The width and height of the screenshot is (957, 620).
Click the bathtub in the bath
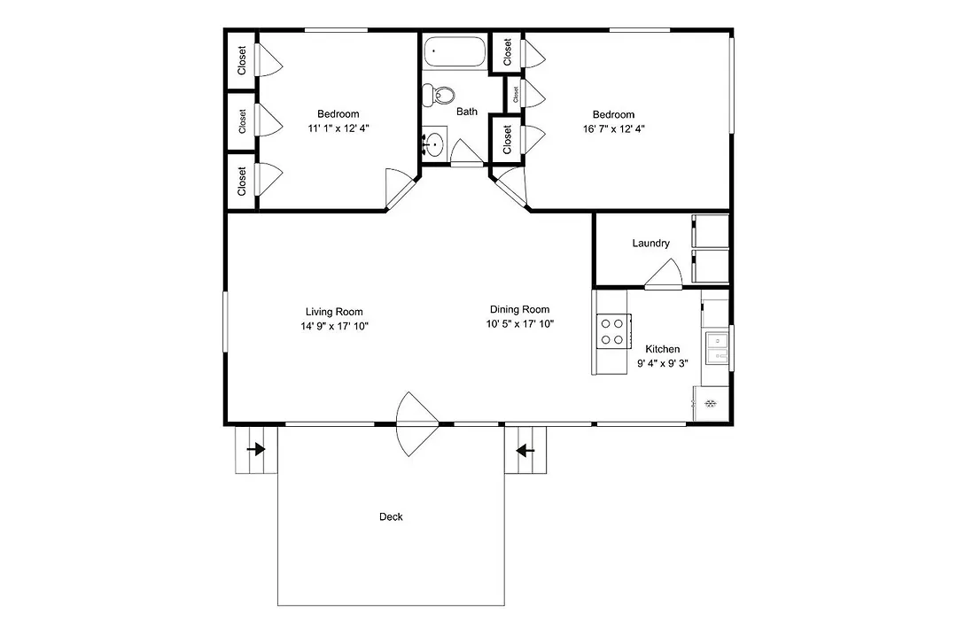[455, 51]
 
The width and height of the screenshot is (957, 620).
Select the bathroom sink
[434, 144]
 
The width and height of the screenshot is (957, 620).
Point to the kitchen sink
[717, 347]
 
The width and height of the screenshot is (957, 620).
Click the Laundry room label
[650, 243]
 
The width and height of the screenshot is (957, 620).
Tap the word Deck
[391, 517]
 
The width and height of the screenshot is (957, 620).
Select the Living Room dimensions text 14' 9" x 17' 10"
[334, 326]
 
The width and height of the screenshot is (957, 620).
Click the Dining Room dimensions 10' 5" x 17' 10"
[520, 323]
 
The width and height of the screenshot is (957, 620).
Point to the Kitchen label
[662, 349]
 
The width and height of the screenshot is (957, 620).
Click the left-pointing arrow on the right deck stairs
[525, 451]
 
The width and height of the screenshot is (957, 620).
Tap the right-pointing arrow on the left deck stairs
[256, 450]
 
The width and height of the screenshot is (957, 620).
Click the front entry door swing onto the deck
[417, 424]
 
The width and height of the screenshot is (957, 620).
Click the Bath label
[467, 111]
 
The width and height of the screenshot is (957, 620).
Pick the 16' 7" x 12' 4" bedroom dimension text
[613, 128]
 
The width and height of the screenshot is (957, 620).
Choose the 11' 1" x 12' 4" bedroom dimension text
[338, 128]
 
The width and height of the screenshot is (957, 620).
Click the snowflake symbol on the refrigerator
[711, 403]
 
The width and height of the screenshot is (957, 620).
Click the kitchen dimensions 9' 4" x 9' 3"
[662, 363]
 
